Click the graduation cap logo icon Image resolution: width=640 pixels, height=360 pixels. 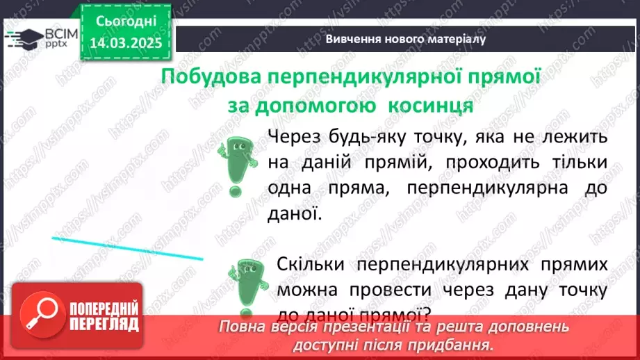(x=24, y=38)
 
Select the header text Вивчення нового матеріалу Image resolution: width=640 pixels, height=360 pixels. (x=406, y=39)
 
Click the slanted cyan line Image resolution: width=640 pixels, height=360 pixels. (x=127, y=248)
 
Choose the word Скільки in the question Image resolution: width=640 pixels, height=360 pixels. (x=311, y=264)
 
